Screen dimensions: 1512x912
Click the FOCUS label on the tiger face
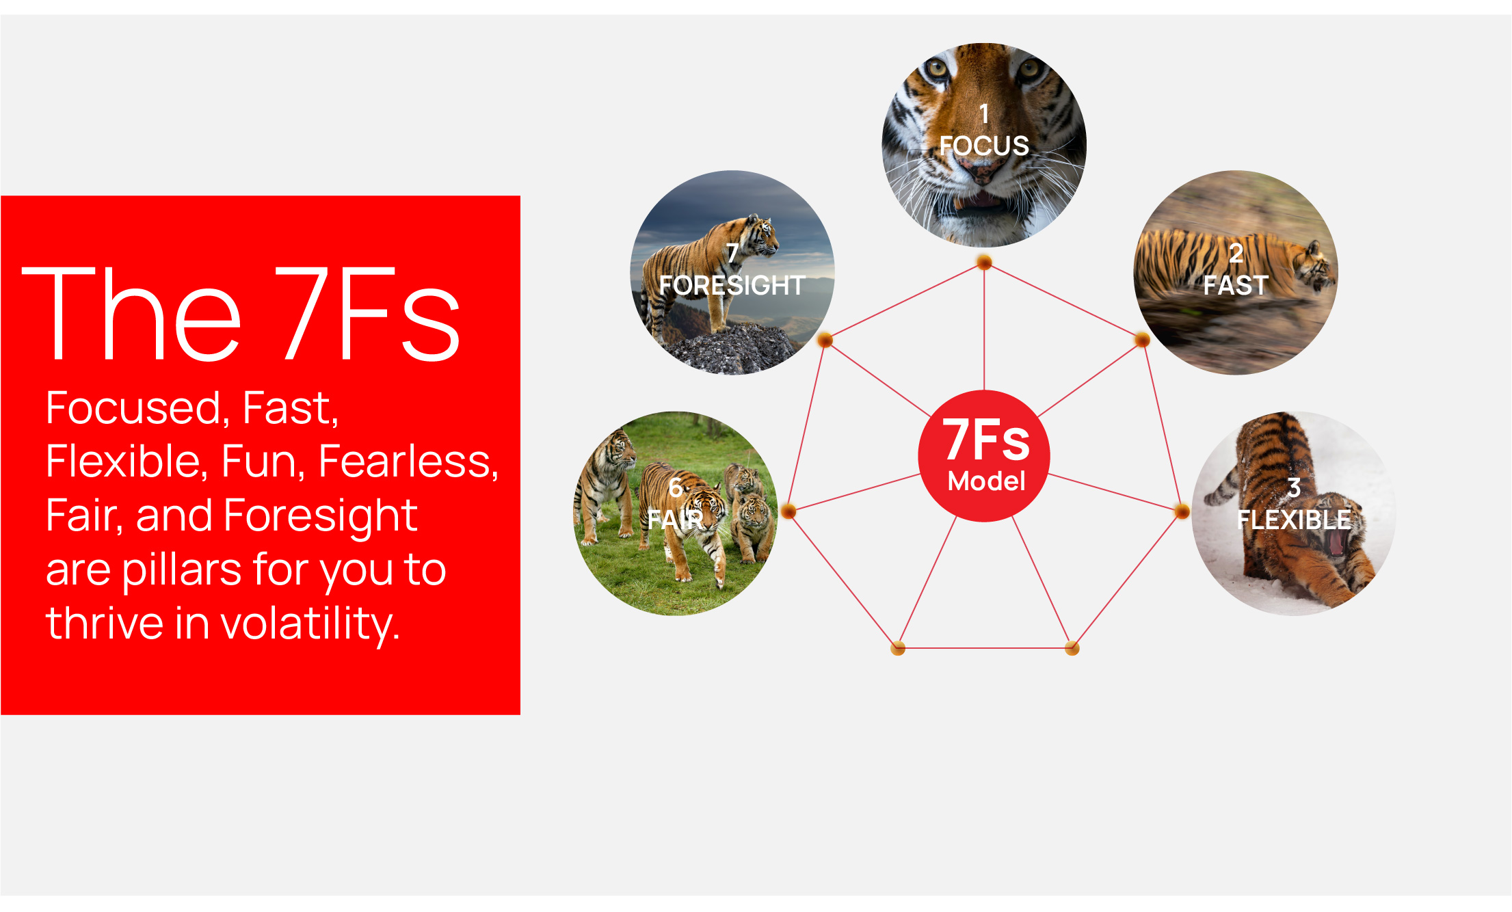point(983,146)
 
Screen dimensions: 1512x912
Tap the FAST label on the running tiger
point(1236,285)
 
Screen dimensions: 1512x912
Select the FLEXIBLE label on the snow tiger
point(1294,520)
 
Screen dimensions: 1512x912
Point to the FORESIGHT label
point(732,285)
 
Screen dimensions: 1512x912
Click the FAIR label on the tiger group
point(676,520)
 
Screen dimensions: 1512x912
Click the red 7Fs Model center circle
point(984,456)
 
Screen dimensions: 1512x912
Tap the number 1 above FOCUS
point(984,113)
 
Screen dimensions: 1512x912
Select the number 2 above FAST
point(1236,254)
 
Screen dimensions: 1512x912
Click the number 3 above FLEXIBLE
point(1294,488)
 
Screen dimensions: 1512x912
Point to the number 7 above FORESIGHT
point(732,254)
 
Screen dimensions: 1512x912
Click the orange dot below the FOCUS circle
point(984,262)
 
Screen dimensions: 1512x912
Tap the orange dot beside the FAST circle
point(1142,339)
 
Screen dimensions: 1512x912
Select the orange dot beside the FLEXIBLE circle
point(1182,511)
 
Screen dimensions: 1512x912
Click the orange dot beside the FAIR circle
point(788,511)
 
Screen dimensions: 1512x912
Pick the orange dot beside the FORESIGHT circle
point(825,339)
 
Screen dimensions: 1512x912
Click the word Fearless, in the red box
point(408,461)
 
